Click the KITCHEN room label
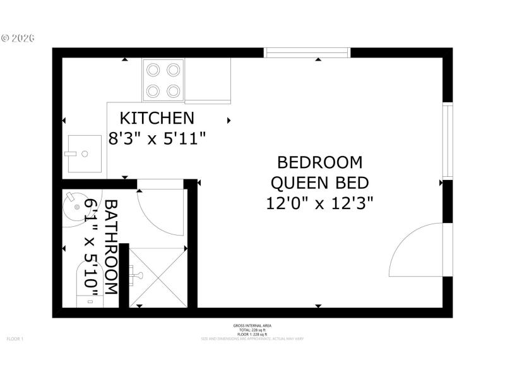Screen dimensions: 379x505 (157, 118)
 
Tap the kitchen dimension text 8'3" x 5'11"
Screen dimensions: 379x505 (157, 138)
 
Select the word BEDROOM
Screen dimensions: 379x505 (321, 162)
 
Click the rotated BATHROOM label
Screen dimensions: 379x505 (111, 246)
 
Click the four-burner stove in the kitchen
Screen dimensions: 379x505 (163, 80)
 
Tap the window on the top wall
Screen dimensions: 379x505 (307, 52)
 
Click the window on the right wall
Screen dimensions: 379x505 (448, 141)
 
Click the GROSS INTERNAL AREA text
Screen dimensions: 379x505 (252, 325)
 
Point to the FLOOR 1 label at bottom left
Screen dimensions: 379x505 (15, 339)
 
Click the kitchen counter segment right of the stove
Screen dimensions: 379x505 (208, 80)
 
